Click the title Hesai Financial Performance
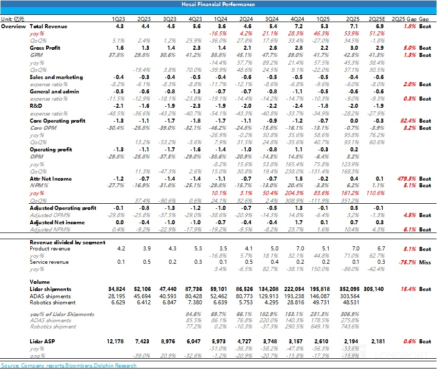[218, 4]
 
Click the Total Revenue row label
[48, 26]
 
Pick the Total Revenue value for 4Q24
[297, 26]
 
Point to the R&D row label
[36, 106]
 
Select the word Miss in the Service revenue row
[425, 262]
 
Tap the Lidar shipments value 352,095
[351, 289]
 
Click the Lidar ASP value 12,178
[116, 341]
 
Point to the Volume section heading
[40, 282]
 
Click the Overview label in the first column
[13, 26]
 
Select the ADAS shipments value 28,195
[116, 296]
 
